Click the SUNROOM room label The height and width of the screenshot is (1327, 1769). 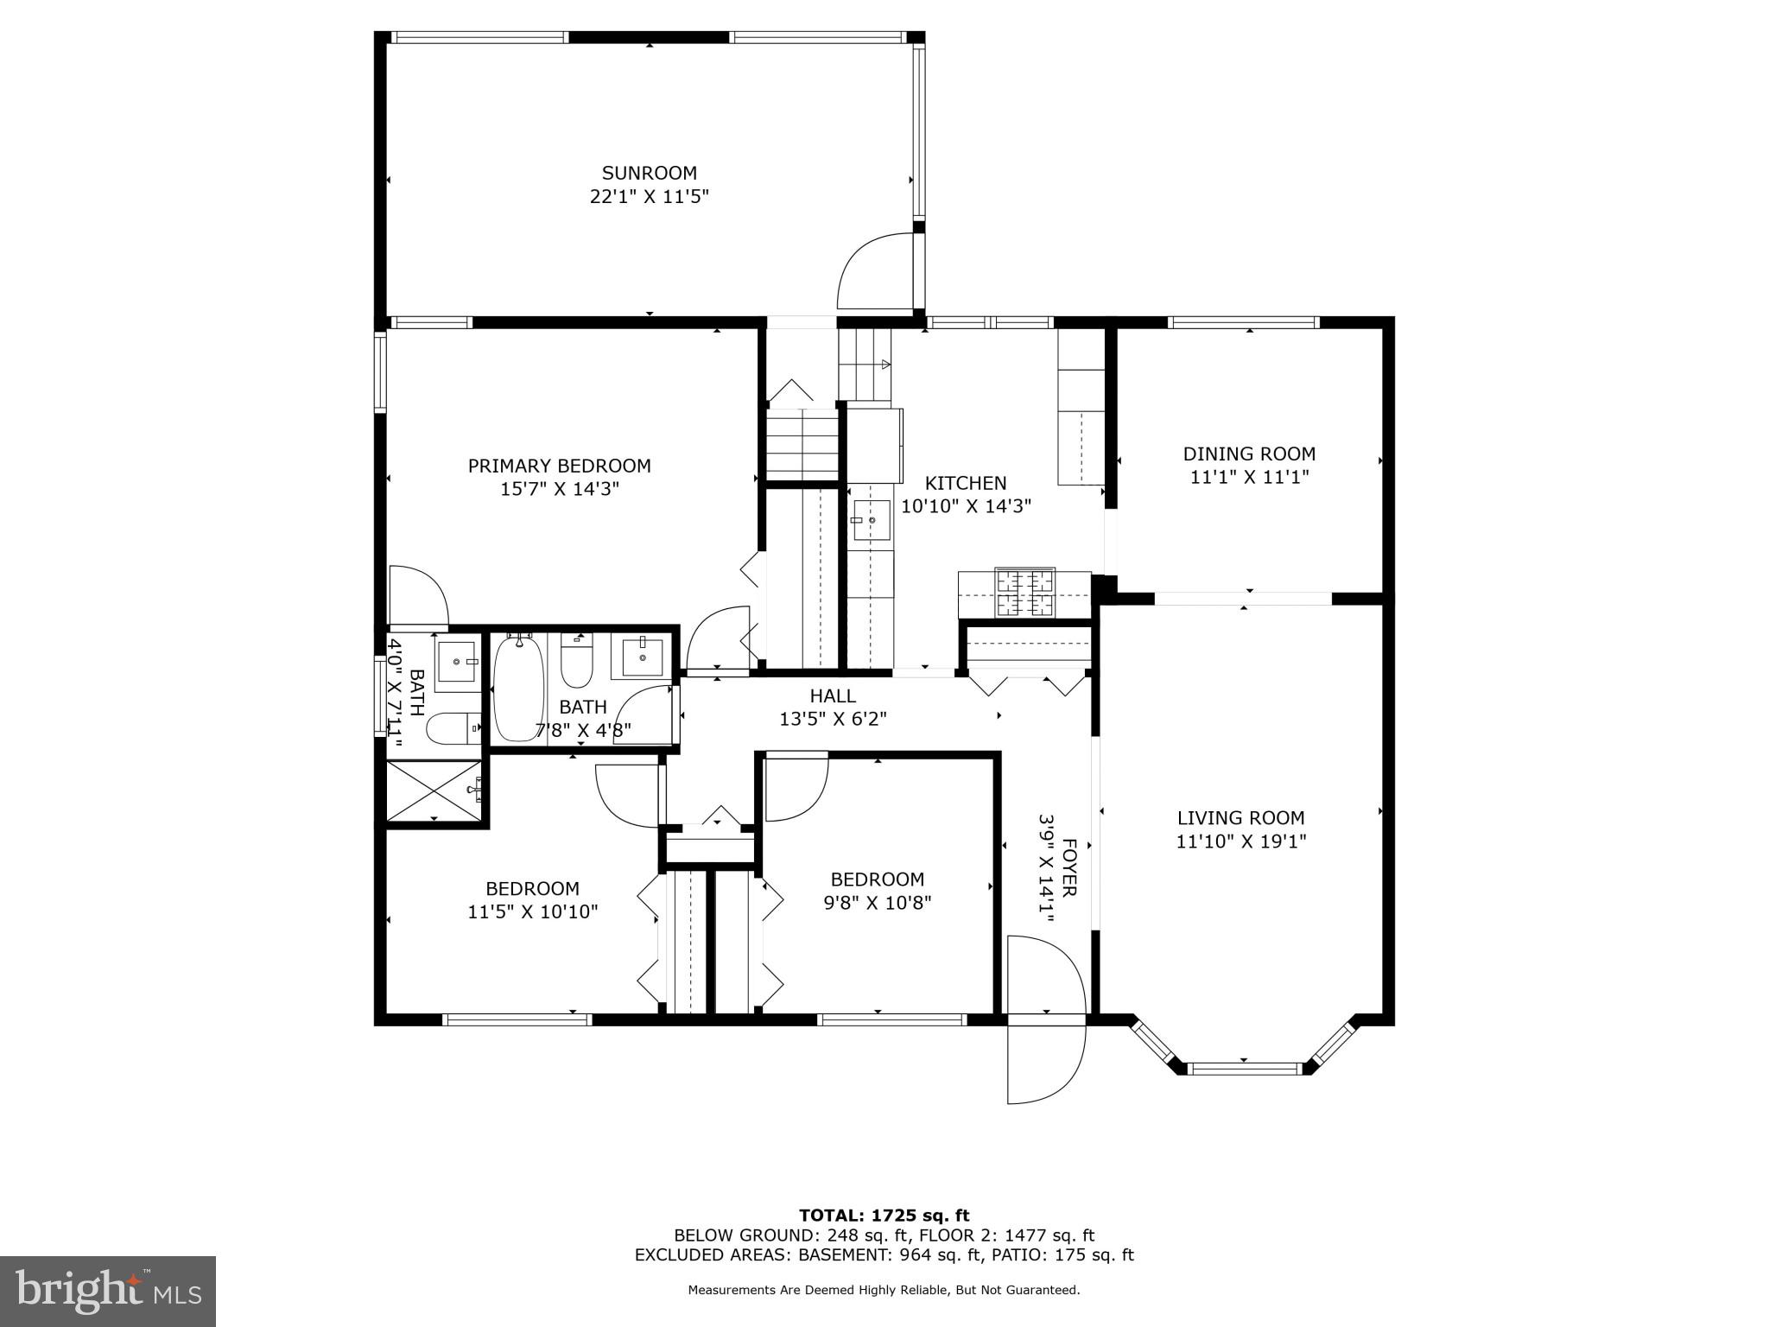click(x=649, y=173)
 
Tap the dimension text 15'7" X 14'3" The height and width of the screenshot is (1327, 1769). click(x=559, y=489)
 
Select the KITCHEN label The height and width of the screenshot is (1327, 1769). click(x=966, y=483)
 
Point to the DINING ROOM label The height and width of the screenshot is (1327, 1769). click(x=1249, y=454)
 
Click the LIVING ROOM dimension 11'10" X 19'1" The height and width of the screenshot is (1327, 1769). click(x=1240, y=841)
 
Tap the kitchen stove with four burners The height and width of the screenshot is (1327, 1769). click(x=1025, y=593)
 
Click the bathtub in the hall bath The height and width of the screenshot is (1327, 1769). click(x=518, y=688)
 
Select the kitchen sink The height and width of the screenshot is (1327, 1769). click(x=871, y=520)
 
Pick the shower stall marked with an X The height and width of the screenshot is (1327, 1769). click(x=434, y=790)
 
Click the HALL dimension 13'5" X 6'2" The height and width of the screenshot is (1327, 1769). click(x=833, y=719)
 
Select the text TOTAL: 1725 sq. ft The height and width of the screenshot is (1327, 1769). click(x=884, y=1216)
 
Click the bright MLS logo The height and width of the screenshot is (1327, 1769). click(x=108, y=1291)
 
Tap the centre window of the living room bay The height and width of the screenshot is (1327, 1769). click(x=1244, y=1069)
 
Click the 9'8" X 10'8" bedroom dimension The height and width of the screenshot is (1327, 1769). click(x=877, y=903)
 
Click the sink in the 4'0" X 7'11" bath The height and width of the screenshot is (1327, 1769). click(x=456, y=661)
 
